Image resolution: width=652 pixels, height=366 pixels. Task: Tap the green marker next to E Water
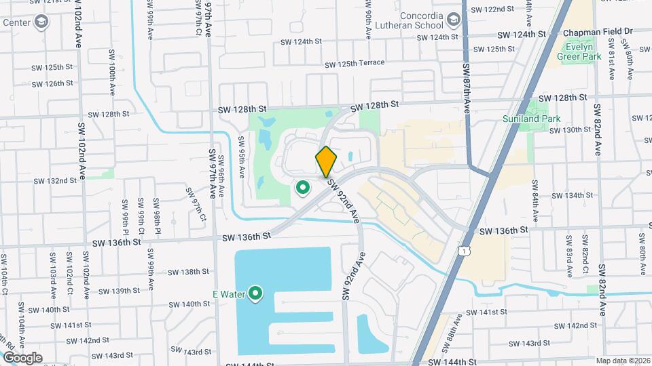(255, 293)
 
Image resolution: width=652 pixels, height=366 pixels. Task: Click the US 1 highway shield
(464, 251)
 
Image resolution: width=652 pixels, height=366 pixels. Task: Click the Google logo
(22, 357)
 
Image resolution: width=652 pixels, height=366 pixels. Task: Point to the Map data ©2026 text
(622, 361)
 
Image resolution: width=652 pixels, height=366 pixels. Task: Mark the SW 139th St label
(119, 291)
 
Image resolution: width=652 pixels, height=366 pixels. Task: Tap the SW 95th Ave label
(241, 157)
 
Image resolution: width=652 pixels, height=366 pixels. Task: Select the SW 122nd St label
(495, 9)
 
